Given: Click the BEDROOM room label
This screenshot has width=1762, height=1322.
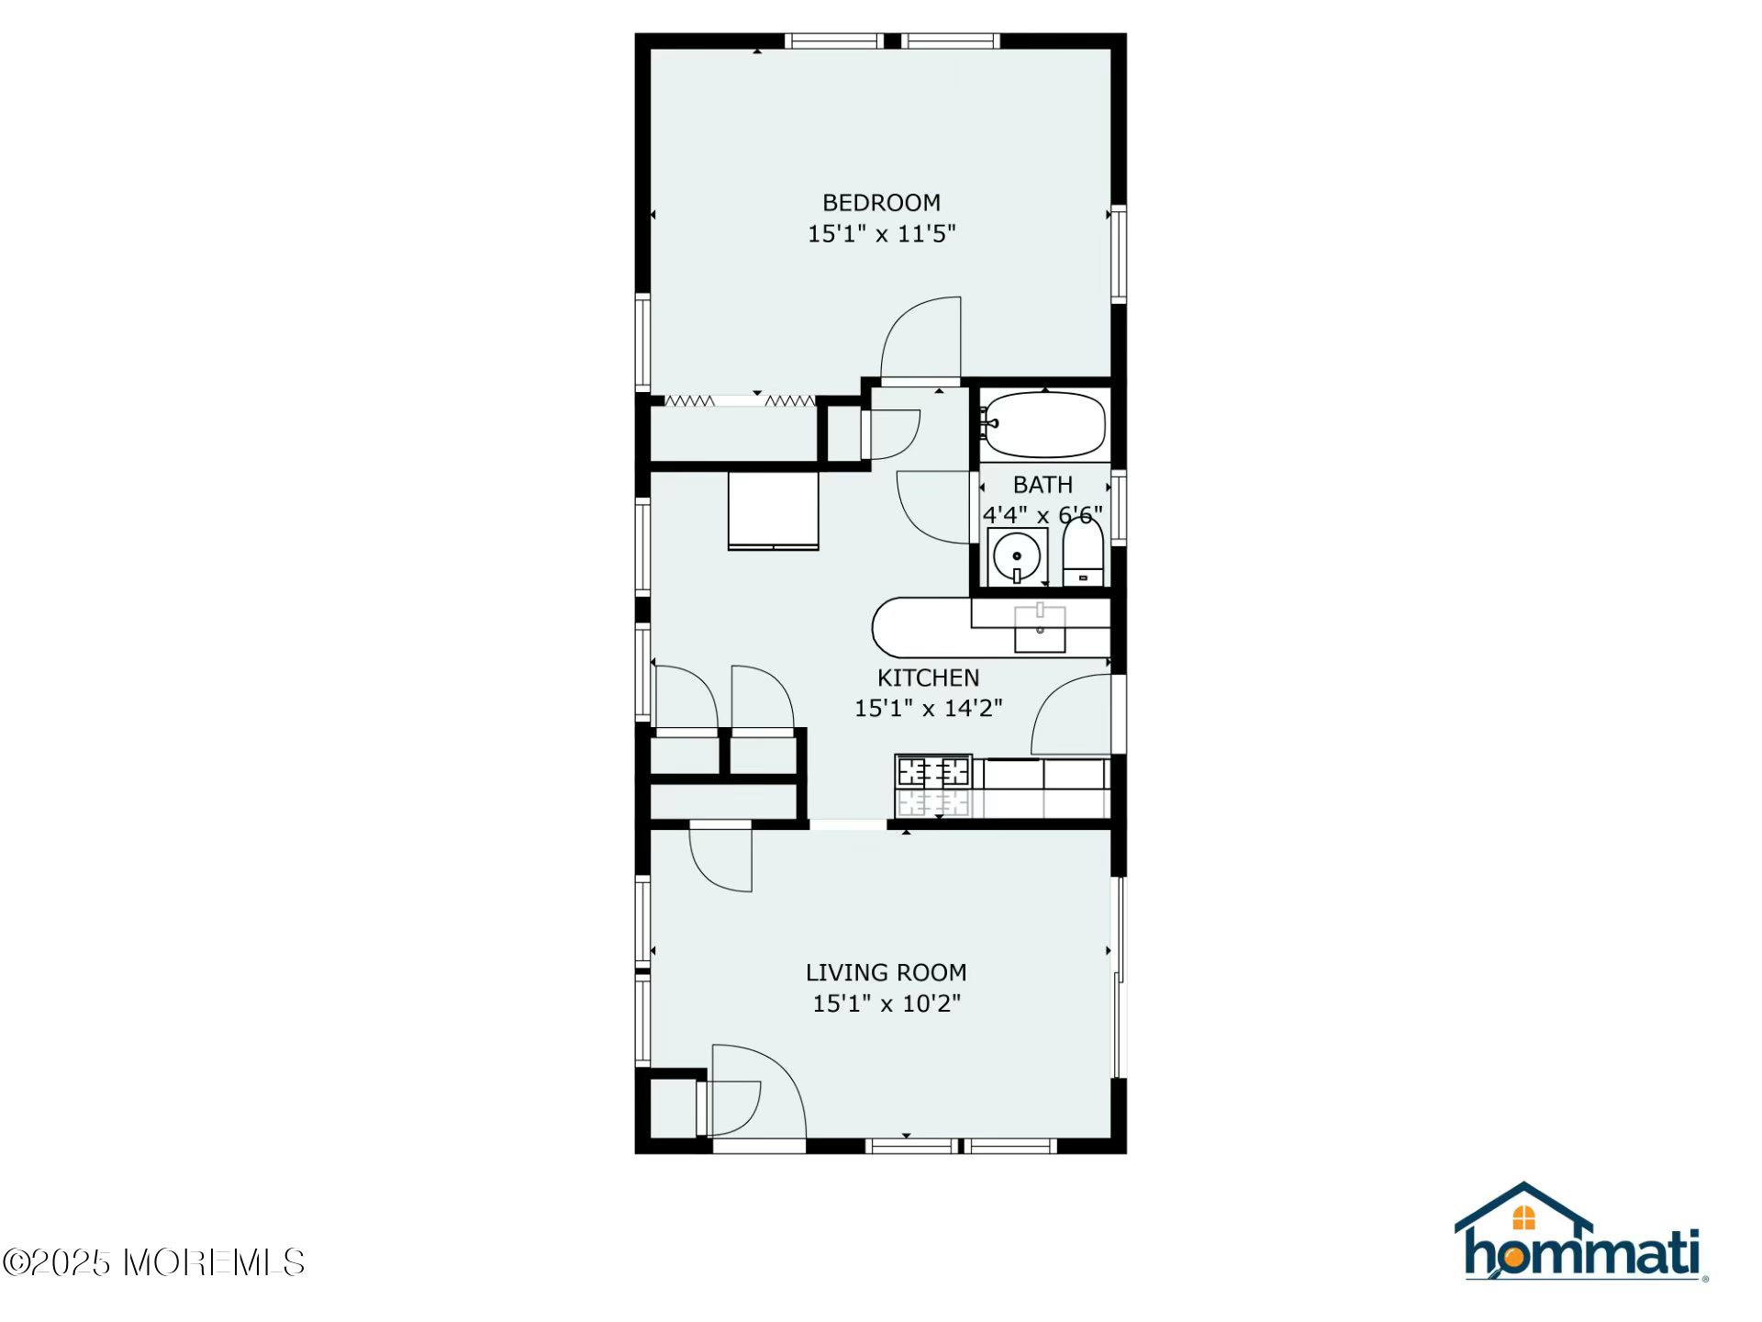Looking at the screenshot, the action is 881,202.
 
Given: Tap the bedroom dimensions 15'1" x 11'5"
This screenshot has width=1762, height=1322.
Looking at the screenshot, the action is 881,233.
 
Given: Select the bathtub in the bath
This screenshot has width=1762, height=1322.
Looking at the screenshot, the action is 1043,425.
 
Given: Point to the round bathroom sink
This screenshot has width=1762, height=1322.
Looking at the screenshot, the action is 1017,555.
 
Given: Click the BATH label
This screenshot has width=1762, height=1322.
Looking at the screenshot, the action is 1043,484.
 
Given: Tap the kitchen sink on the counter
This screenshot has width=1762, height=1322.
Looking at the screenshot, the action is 1040,629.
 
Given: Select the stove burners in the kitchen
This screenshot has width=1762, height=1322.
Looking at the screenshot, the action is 933,786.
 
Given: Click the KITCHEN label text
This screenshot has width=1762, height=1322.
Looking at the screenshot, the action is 928,678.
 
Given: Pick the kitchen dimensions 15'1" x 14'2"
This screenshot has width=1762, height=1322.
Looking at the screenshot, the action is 928,708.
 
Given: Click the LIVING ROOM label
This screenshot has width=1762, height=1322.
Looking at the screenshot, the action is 886,972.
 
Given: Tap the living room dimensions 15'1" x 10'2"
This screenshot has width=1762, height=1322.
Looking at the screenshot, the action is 886,1003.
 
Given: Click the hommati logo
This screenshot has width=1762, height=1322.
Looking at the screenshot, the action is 1580,1232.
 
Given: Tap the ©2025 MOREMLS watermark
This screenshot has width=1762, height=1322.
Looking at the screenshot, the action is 153,1262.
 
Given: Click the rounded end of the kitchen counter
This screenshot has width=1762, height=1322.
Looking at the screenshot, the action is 887,628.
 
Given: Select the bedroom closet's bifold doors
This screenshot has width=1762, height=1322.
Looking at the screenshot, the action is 740,400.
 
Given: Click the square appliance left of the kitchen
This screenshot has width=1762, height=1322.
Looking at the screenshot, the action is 773,510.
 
